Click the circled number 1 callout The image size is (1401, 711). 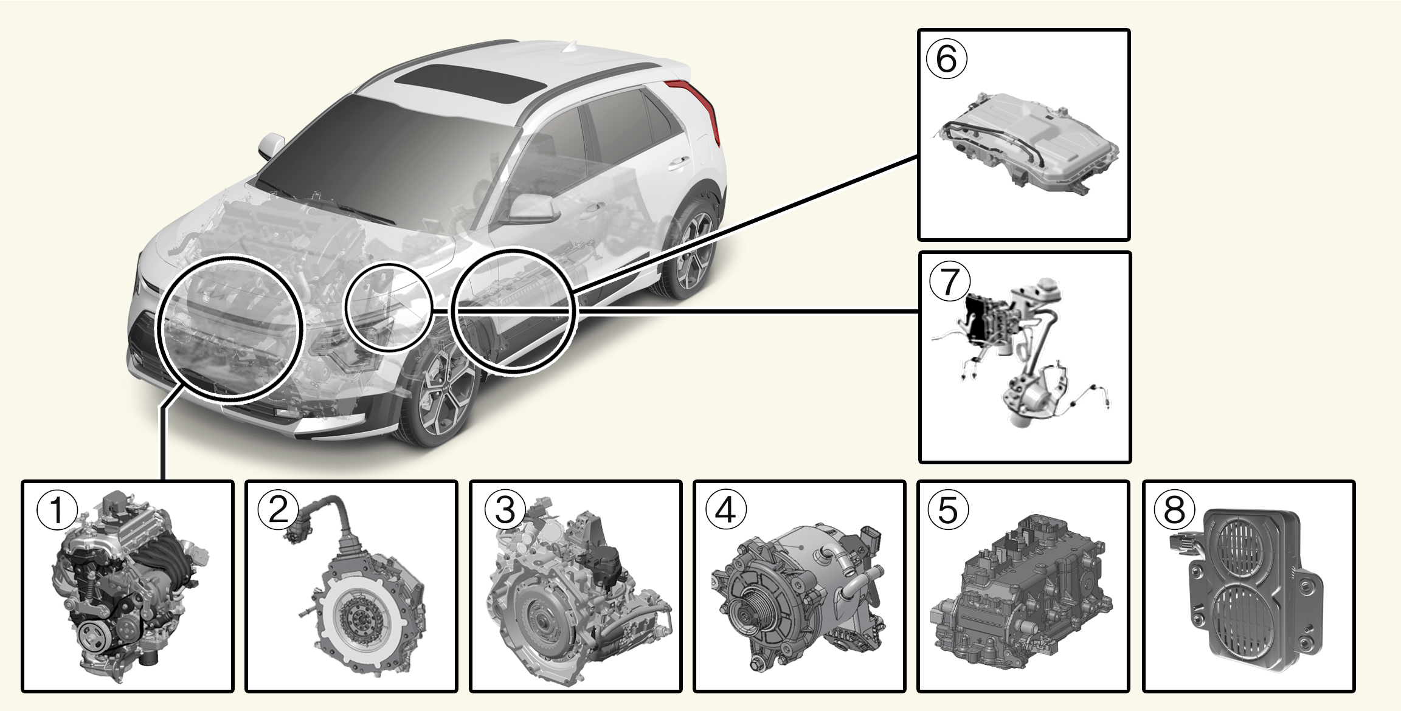pyautogui.click(x=57, y=510)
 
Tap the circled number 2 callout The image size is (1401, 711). pyautogui.click(x=277, y=510)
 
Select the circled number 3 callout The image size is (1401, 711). pyautogui.click(x=504, y=510)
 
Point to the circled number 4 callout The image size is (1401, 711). pyautogui.click(x=726, y=510)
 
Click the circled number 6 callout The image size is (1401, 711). pyautogui.click(x=946, y=60)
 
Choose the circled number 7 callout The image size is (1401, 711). pyautogui.click(x=949, y=282)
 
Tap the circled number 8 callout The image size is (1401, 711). pyautogui.click(x=1174, y=510)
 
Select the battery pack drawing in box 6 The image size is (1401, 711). pyautogui.click(x=1028, y=143)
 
